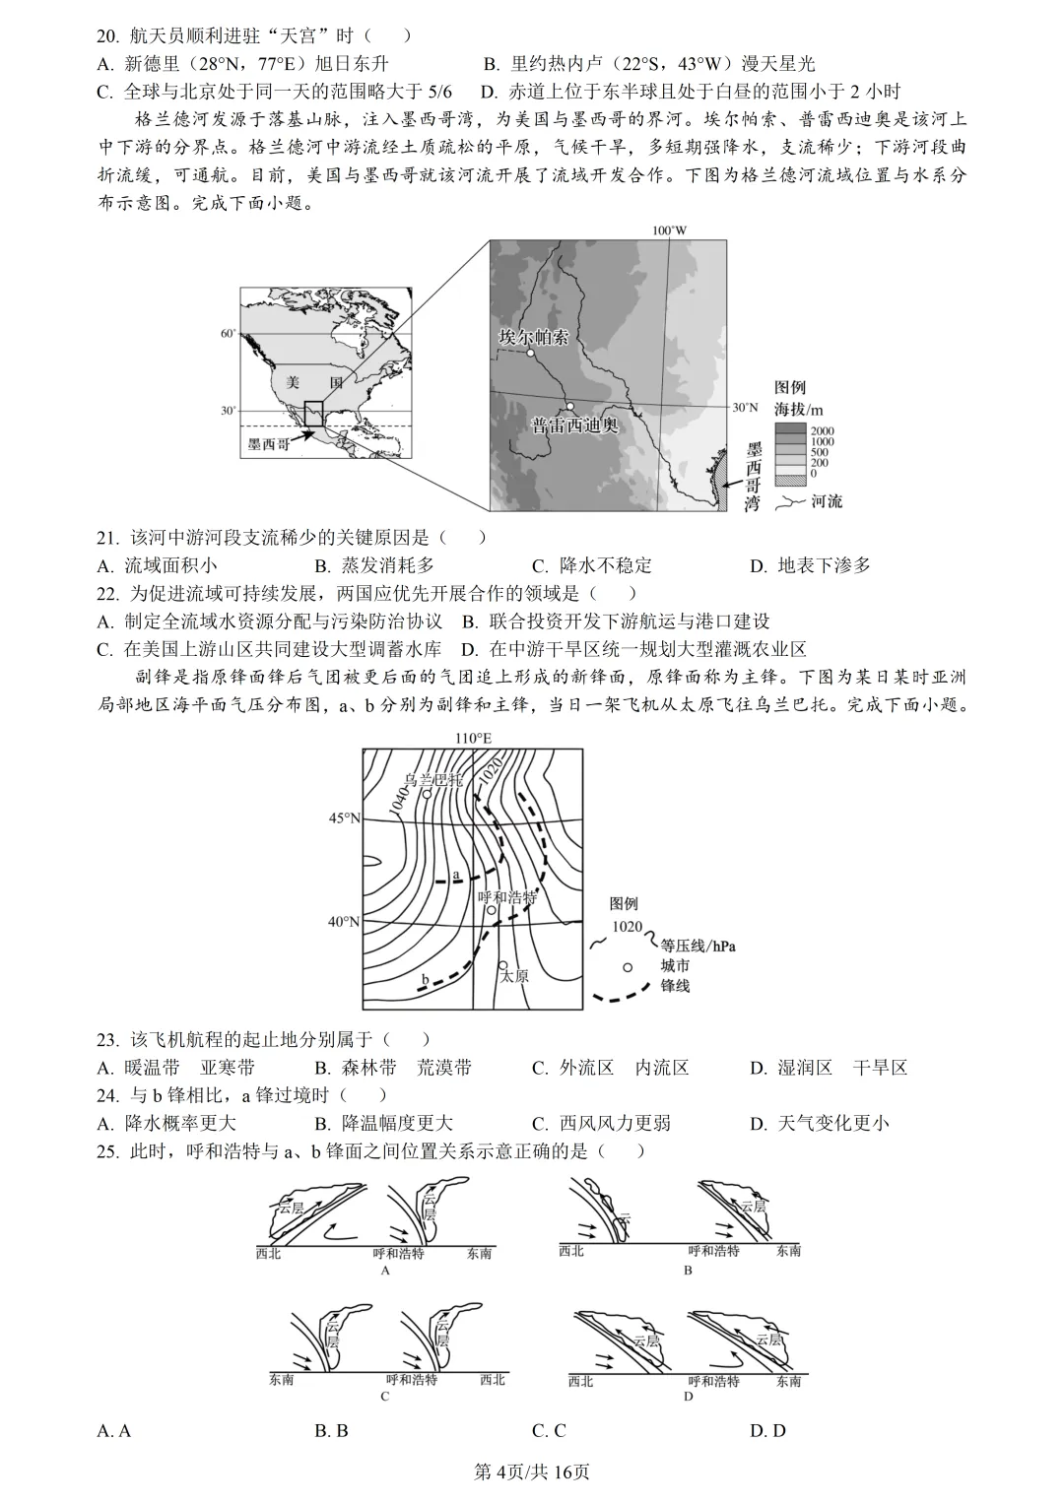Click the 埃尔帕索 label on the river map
point(533,337)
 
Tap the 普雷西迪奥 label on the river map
point(574,425)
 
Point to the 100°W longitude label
point(669,230)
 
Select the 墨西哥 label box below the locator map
point(268,444)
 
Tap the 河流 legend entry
point(826,501)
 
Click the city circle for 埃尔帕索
point(529,352)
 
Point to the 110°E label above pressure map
point(473,738)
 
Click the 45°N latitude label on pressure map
point(344,818)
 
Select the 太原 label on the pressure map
point(513,976)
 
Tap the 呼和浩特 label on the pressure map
point(506,897)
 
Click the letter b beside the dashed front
point(425,979)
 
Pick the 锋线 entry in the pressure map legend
point(675,985)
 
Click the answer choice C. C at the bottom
point(548,1430)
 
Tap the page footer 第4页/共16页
point(532,1472)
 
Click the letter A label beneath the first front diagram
point(385,1271)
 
